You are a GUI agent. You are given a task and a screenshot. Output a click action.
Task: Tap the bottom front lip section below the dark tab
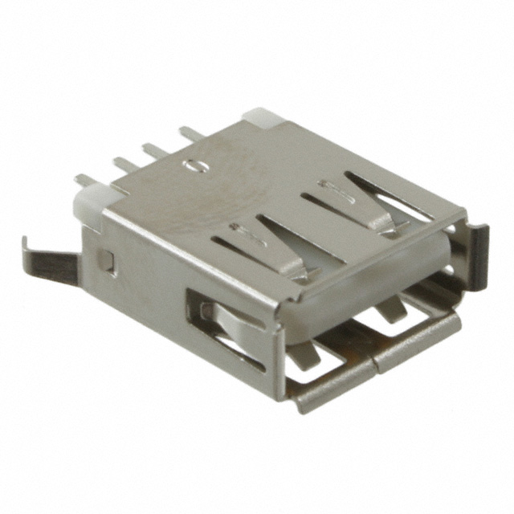(x=422, y=337)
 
